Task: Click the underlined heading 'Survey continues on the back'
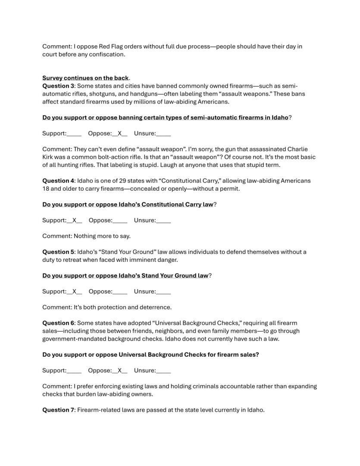[85, 78]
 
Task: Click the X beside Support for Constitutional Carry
[74, 220]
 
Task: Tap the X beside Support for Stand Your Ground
[74, 291]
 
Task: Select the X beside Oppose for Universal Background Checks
[120, 370]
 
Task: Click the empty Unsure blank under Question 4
[163, 220]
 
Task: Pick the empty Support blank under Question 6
[74, 371]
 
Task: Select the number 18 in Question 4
[46, 189]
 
